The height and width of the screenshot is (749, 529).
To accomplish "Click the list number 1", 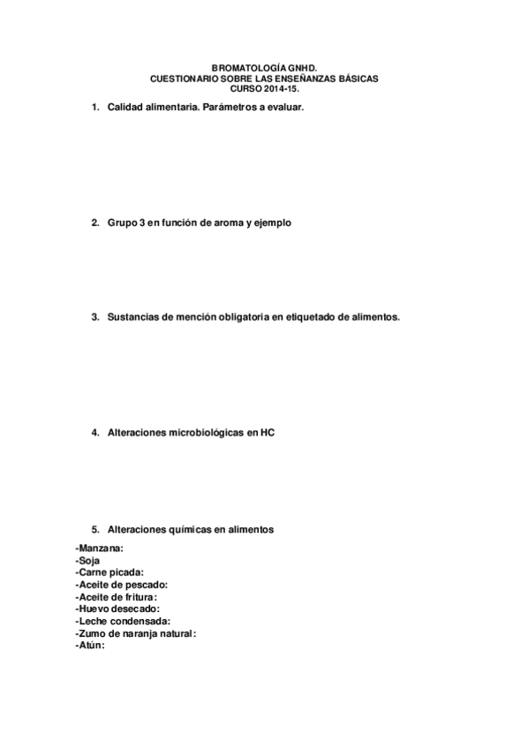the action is [x=94, y=107].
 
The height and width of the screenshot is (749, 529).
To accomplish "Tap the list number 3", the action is [x=94, y=315].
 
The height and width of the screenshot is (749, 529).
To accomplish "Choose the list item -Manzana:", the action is [x=100, y=549].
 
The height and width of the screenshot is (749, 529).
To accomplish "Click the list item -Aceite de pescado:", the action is [x=122, y=585].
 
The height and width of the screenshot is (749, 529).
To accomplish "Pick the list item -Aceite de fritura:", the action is [x=117, y=597].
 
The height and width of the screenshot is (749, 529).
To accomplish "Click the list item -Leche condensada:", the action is [x=123, y=621].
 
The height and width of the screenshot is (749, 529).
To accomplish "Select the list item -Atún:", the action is [x=90, y=645].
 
